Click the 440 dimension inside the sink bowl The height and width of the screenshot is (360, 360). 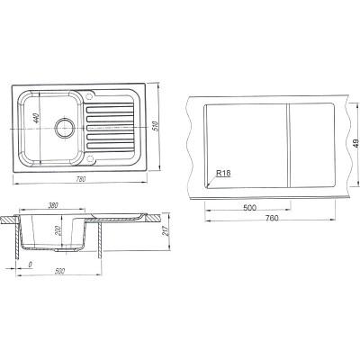tap(36, 119)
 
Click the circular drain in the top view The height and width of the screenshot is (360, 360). tap(64, 128)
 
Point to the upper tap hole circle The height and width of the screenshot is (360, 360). tap(89, 96)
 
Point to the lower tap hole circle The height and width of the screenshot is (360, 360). tap(89, 158)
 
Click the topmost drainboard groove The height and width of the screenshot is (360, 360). tap(110, 110)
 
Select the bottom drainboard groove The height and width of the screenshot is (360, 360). tap(110, 146)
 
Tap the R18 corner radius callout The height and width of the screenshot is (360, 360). tap(223, 173)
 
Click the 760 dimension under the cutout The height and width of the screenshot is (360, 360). tap(272, 218)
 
